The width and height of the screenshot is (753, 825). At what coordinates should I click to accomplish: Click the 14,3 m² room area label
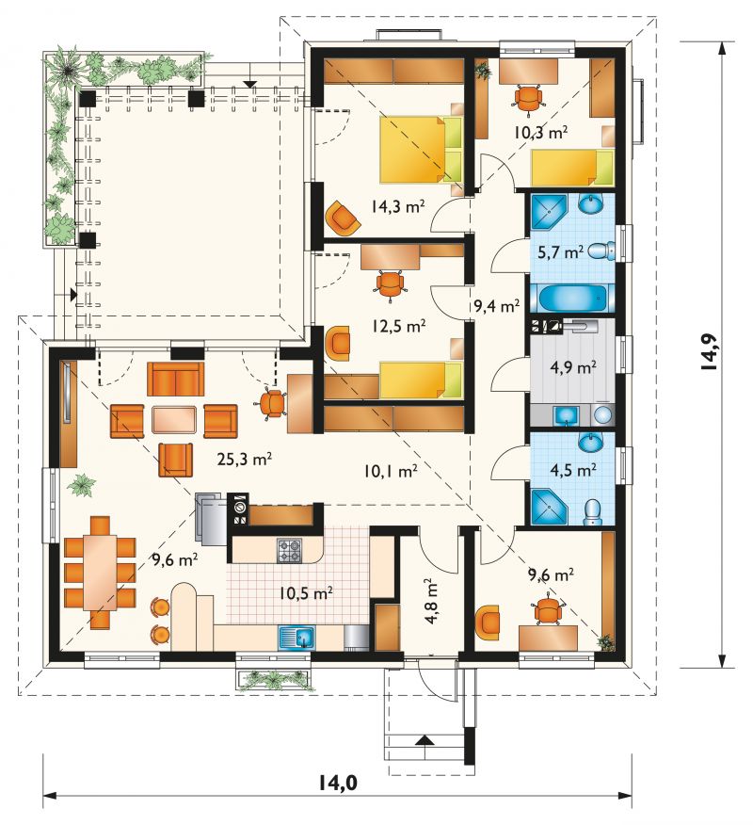(x=398, y=206)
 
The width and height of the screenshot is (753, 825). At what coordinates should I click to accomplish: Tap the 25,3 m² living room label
(x=244, y=460)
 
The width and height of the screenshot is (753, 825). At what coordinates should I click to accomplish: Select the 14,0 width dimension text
(x=338, y=783)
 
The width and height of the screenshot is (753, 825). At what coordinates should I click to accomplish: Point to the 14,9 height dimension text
(x=710, y=352)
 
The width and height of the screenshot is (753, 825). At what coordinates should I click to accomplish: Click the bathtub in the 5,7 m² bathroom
(x=572, y=299)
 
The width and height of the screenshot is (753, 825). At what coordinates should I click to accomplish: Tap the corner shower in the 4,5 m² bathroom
(x=550, y=507)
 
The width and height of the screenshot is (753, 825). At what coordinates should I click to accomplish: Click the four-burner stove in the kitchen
(x=290, y=550)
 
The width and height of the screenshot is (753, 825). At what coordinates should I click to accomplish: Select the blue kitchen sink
(x=296, y=639)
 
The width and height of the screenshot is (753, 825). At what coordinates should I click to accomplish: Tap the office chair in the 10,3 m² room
(x=527, y=98)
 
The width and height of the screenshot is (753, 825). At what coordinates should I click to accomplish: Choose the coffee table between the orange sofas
(x=174, y=420)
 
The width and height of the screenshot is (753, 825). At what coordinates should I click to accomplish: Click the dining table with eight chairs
(x=101, y=573)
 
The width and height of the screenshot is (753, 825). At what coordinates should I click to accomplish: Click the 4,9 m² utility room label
(x=572, y=366)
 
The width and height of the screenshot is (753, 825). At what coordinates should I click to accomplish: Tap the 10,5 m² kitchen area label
(x=306, y=593)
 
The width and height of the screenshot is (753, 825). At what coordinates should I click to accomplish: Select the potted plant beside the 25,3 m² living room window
(x=81, y=485)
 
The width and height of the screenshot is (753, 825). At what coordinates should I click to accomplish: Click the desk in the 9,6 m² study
(x=548, y=638)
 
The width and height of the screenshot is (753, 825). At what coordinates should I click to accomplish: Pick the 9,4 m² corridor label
(x=496, y=306)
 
